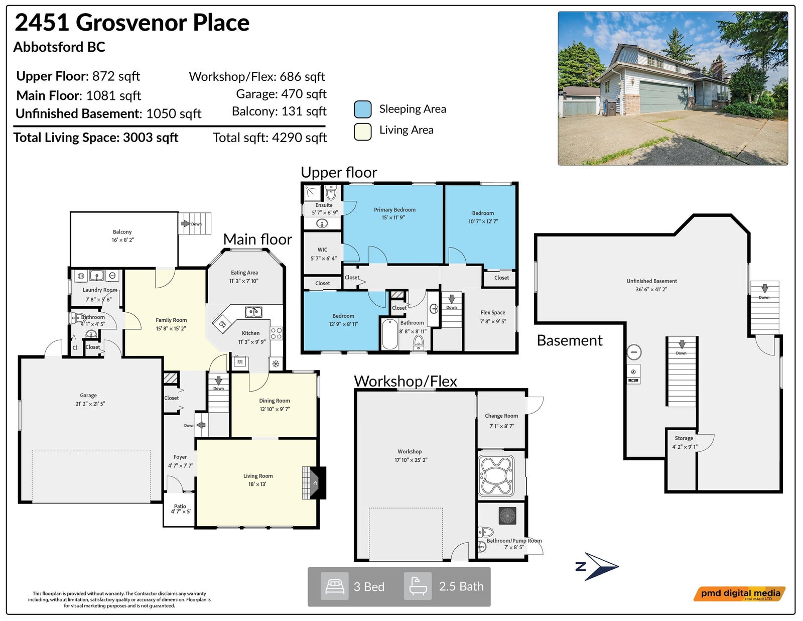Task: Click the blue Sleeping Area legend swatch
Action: (362, 109)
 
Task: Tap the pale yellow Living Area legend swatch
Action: (362, 132)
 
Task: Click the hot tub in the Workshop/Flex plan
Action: (496, 476)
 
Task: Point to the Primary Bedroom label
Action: (394, 209)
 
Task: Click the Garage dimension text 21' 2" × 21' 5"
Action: (90, 404)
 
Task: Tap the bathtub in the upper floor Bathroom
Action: (390, 334)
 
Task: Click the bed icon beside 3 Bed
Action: (335, 586)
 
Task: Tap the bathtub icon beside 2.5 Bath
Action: (418, 586)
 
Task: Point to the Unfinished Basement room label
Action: (651, 281)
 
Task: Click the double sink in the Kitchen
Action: (253, 312)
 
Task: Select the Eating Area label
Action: (244, 273)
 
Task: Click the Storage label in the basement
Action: (684, 438)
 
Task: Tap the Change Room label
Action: (501, 416)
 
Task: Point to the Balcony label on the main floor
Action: (122, 232)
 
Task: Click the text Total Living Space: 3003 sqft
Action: (96, 138)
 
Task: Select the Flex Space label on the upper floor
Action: (493, 312)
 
